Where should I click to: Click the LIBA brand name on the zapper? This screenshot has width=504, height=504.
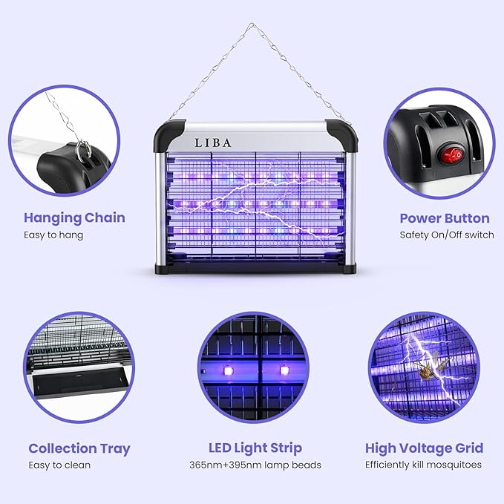(214, 143)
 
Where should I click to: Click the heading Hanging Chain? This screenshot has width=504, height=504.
(74, 218)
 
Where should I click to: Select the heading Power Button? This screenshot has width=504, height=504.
(445, 218)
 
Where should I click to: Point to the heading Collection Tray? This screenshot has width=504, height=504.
(79, 448)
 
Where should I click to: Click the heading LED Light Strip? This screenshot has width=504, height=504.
(255, 448)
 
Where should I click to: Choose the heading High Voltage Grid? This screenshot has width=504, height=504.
(424, 448)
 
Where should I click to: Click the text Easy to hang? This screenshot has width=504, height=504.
(53, 235)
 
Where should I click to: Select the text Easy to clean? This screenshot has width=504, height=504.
(59, 465)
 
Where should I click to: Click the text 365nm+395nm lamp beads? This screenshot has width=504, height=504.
(255, 465)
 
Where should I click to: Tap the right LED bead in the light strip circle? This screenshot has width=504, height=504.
(283, 369)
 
